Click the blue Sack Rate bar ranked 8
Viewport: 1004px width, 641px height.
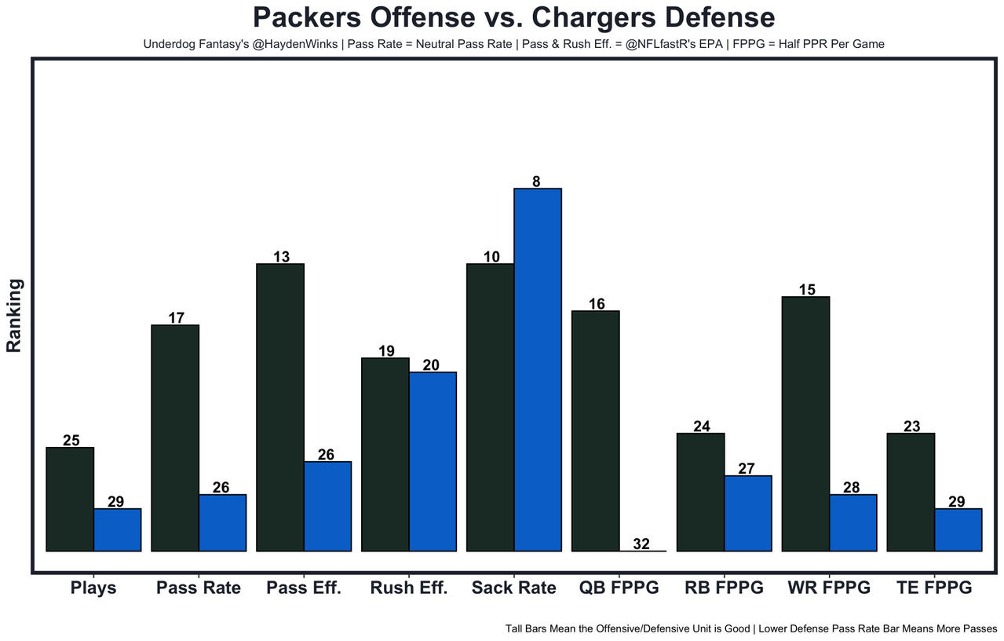pyautogui.click(x=538, y=369)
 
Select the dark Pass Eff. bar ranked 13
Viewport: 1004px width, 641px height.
pyautogui.click(x=280, y=407)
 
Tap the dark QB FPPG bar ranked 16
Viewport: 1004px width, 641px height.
pyautogui.click(x=596, y=430)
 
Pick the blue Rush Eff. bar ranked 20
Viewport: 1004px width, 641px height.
pyautogui.click(x=433, y=461)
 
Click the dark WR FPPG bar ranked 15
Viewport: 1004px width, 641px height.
pyautogui.click(x=806, y=423)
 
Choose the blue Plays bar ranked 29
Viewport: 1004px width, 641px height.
pyautogui.click(x=117, y=529)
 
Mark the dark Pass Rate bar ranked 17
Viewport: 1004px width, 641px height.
pyautogui.click(x=175, y=438)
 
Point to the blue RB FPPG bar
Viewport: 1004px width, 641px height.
pyautogui.click(x=748, y=513)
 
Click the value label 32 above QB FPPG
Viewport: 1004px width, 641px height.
pyautogui.click(x=641, y=544)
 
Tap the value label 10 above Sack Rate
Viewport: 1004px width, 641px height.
pyautogui.click(x=491, y=257)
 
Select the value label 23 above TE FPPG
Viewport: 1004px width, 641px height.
pyautogui.click(x=911, y=427)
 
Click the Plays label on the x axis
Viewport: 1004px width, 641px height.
pyautogui.click(x=93, y=588)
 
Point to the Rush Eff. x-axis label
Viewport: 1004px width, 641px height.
pyautogui.click(x=408, y=588)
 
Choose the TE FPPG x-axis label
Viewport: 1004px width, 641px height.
pyautogui.click(x=934, y=588)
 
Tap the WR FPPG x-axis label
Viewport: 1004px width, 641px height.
pyautogui.click(x=829, y=588)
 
